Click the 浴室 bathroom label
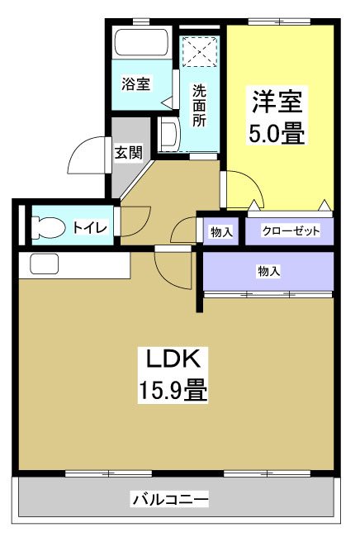pos(136,83)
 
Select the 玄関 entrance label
pos(129,152)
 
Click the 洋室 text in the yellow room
pos(277,102)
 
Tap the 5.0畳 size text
pos(278,133)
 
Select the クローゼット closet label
pos(291,232)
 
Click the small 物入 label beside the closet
pos(221,232)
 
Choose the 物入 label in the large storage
pos(269,270)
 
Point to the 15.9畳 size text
pos(173,388)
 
